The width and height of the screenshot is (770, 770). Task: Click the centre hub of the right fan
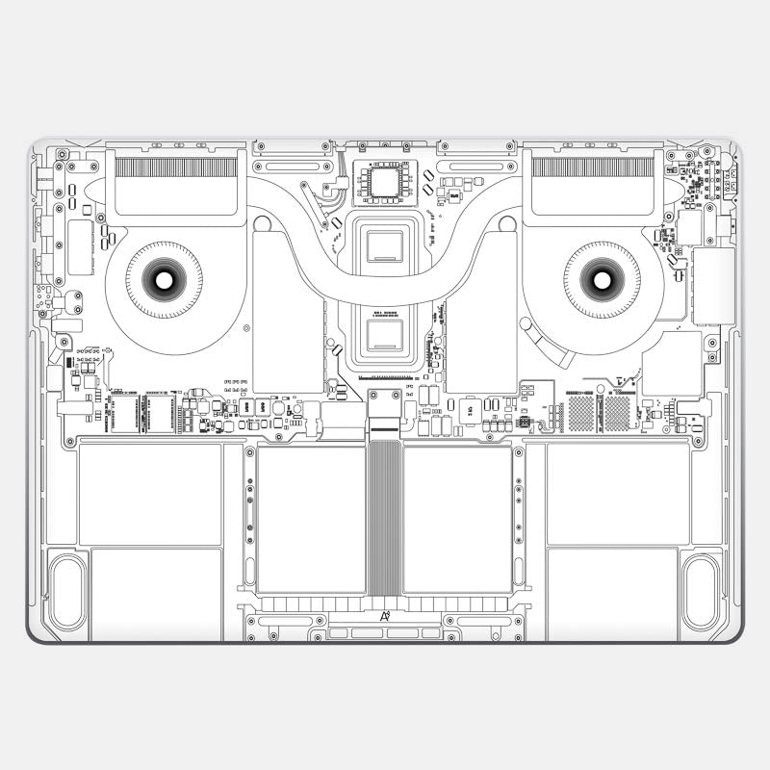(x=603, y=280)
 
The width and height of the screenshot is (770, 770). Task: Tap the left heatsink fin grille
(x=175, y=167)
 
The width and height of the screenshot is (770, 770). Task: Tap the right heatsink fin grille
(x=593, y=167)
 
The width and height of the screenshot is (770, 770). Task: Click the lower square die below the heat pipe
(x=384, y=335)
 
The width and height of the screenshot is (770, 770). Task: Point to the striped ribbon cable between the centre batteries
(x=384, y=517)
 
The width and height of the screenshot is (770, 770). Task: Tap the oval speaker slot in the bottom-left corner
(x=67, y=592)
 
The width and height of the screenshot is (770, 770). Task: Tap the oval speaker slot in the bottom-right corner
(x=701, y=592)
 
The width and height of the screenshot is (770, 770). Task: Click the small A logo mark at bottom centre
(x=385, y=616)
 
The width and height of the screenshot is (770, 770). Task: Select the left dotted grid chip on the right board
(x=582, y=413)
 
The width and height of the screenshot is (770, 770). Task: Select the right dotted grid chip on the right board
(x=616, y=413)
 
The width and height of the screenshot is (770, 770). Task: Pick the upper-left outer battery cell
(x=150, y=494)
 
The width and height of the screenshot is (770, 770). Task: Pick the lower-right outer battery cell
(x=612, y=592)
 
